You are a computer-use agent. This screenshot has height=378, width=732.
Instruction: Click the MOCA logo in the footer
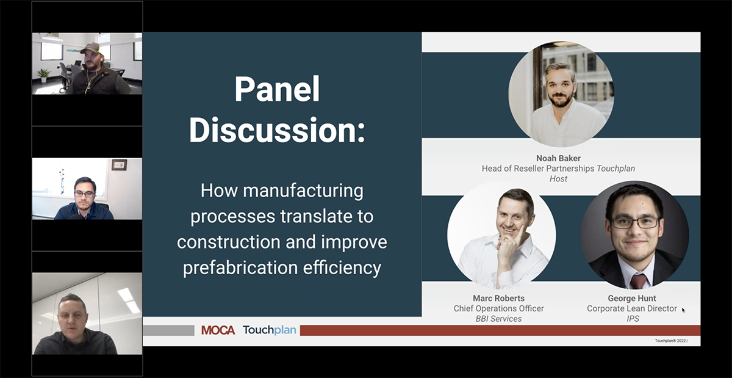(x=218, y=330)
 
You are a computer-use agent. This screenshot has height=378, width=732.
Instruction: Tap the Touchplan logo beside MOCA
(x=269, y=330)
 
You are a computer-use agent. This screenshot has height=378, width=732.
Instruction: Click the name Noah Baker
(x=558, y=158)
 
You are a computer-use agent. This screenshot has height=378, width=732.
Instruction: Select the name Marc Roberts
(x=498, y=298)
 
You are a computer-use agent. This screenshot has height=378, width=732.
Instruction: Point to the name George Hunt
(x=632, y=298)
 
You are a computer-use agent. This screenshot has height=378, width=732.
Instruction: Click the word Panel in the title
(x=277, y=89)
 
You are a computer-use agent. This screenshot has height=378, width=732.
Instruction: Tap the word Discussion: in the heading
(x=277, y=129)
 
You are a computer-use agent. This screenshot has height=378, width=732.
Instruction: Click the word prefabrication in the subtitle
(x=240, y=267)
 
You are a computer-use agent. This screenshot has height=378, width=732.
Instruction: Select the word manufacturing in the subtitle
(x=303, y=191)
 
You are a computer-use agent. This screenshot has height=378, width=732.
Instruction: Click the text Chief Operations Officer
(x=498, y=308)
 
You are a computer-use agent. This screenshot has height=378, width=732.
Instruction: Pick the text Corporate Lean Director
(x=632, y=308)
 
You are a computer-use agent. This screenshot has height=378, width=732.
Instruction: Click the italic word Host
(x=558, y=179)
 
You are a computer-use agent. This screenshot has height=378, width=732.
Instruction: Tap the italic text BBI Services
(x=498, y=319)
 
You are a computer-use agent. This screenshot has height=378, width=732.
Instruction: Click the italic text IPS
(x=633, y=319)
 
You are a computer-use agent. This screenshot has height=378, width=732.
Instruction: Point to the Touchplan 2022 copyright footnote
(x=671, y=341)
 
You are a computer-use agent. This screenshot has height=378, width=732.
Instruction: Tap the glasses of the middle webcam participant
(x=84, y=194)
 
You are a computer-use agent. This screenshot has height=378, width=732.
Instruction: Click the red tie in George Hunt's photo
(x=637, y=281)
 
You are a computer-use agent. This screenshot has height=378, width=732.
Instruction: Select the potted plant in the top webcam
(x=44, y=75)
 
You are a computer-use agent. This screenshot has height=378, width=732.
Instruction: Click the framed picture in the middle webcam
(x=119, y=165)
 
